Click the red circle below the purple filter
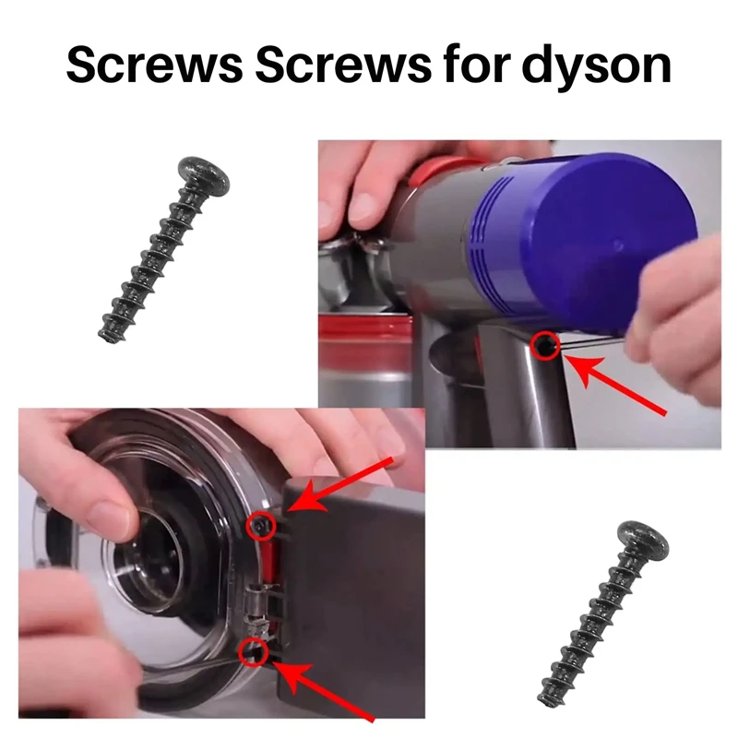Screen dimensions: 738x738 (546, 346)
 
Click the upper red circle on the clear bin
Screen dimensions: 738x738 (261, 526)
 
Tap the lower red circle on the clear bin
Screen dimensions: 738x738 (252, 652)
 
